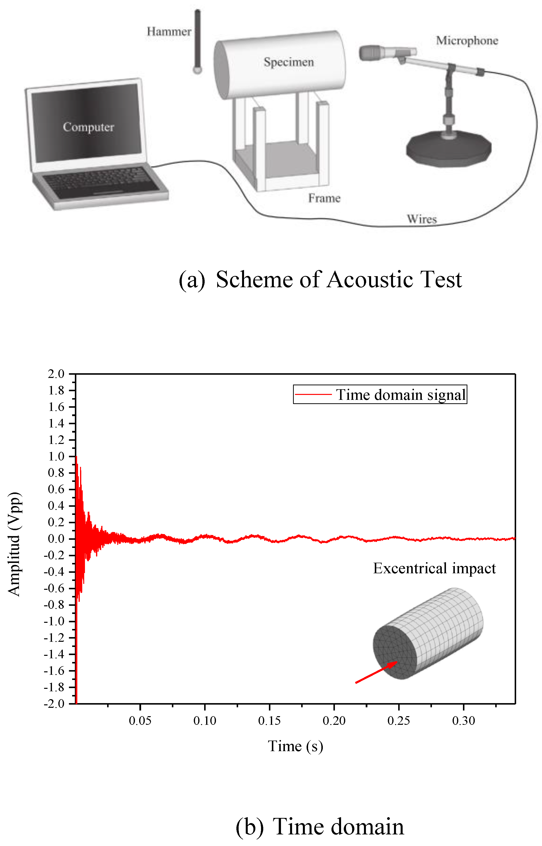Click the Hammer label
coord(169,32)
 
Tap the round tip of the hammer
coord(197,70)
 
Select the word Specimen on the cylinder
coord(289,62)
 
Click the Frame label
coord(324,198)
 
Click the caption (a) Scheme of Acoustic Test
coord(320,280)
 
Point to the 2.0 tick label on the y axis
coord(56,374)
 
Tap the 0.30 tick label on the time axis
coord(463,721)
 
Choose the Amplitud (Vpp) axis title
coord(15,544)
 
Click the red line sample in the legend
coord(313,394)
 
